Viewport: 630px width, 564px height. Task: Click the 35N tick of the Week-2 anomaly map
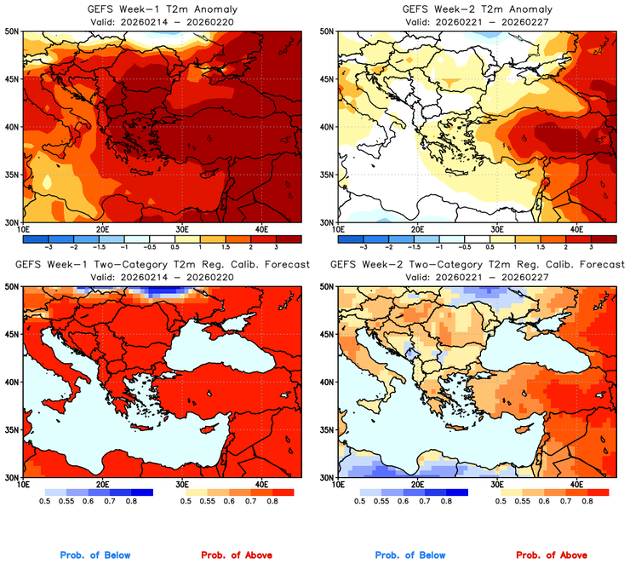pyautogui.click(x=326, y=175)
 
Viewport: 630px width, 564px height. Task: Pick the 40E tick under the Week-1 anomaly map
pyautogui.click(x=261, y=229)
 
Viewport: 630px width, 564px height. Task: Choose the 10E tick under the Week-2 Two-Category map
pyautogui.click(x=338, y=485)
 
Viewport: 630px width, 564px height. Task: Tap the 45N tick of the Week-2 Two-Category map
pyautogui.click(x=326, y=334)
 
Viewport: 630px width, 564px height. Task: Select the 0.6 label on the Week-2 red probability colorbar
pyautogui.click(x=543, y=502)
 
